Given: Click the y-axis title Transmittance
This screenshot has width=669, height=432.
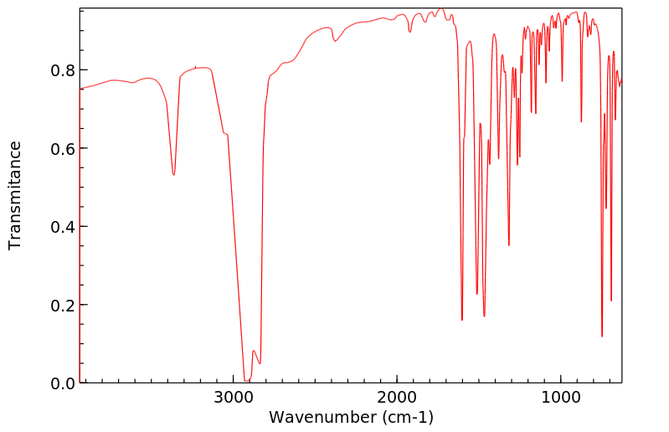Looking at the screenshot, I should tap(15, 195).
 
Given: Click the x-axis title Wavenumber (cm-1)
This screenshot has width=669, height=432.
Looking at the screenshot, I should tap(351, 417).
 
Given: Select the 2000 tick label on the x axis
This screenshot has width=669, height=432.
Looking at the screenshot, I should tap(397, 397).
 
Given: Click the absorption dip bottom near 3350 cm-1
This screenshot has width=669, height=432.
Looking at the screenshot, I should tap(173, 174).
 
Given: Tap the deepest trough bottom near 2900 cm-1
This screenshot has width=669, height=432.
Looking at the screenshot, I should tap(246, 381).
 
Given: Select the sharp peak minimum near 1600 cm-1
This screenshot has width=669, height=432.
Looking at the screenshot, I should tap(462, 320).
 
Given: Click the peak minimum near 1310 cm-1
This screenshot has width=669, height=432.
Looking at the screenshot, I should tap(509, 245).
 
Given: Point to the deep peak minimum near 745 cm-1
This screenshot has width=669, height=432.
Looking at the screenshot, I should tap(602, 337).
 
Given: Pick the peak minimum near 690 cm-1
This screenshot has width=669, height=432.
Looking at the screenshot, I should tap(611, 301).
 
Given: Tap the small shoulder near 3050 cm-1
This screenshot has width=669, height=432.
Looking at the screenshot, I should tap(224, 133).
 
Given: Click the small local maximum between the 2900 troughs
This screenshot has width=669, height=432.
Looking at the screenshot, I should tap(253, 351).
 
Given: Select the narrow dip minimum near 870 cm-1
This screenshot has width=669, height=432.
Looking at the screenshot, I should tap(581, 121).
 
